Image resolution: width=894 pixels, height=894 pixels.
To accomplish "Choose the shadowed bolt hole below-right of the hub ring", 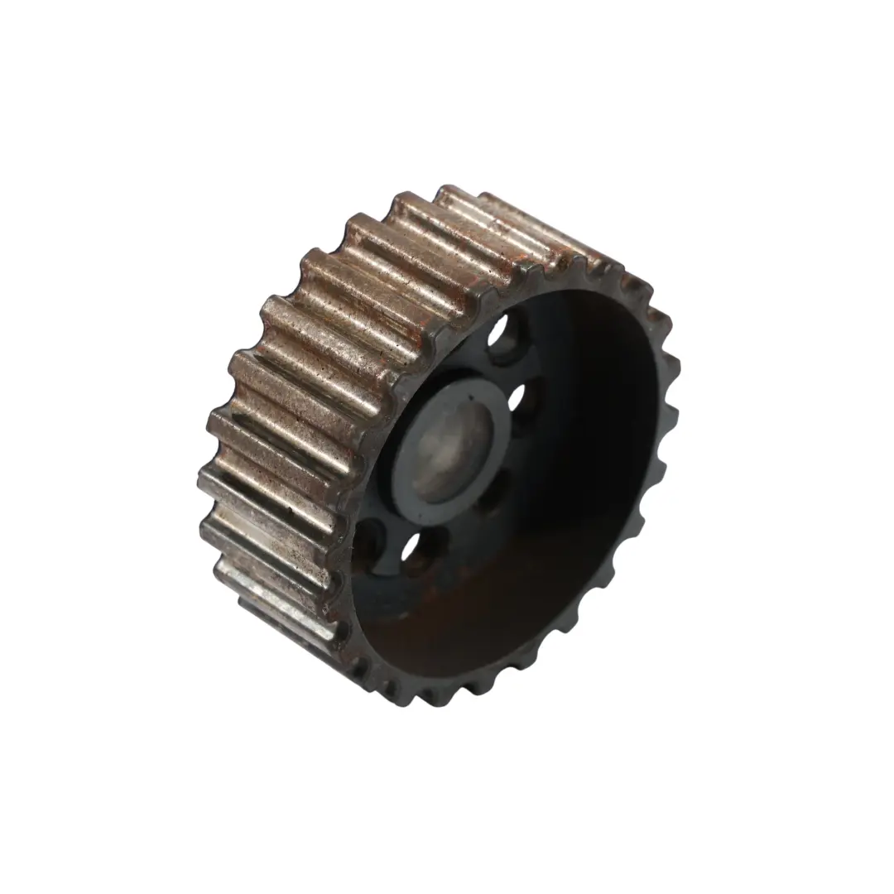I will (x=497, y=497).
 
